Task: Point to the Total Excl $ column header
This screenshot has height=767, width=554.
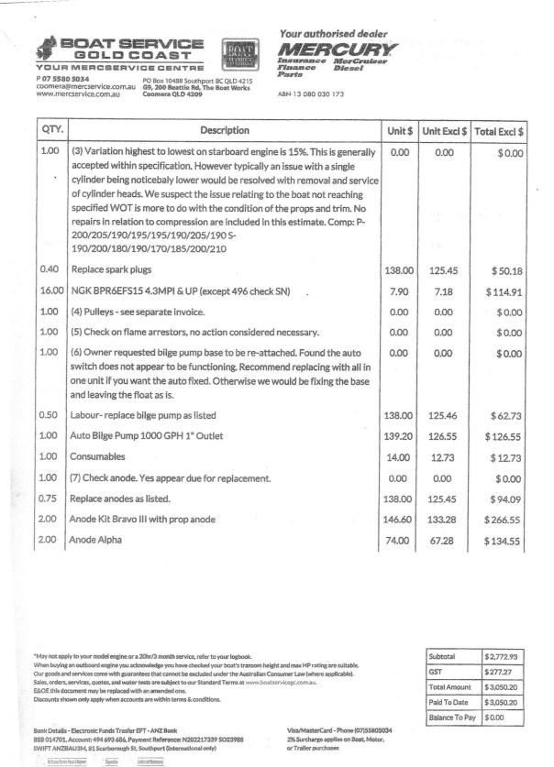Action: click(499, 131)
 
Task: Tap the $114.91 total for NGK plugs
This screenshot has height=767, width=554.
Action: click(503, 292)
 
